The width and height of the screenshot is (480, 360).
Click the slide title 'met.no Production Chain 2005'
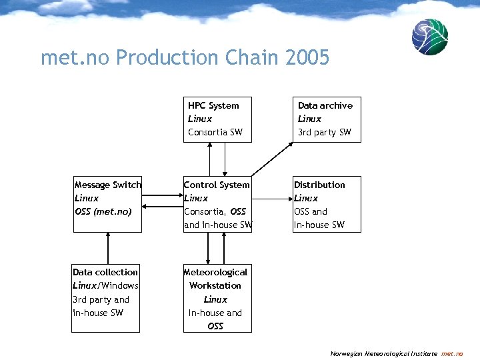point(185,58)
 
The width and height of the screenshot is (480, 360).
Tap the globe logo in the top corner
point(429,37)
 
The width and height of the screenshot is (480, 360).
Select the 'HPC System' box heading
point(213,105)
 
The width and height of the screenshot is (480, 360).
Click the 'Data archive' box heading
point(325,105)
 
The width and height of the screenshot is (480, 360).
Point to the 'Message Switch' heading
point(108,185)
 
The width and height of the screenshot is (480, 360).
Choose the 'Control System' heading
point(217,185)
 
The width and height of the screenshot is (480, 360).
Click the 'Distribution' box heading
point(319,185)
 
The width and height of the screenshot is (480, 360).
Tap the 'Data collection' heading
point(105,272)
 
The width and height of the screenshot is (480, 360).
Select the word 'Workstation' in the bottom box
point(215,285)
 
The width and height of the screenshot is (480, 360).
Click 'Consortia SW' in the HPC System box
point(215,132)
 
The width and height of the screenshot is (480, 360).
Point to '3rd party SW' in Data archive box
point(324,132)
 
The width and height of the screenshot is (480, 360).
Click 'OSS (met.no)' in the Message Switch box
point(103,211)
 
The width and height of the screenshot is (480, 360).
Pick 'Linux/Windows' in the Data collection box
point(105,285)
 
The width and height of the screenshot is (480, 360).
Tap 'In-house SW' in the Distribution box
point(319,225)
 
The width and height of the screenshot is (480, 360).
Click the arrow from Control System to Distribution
point(272,198)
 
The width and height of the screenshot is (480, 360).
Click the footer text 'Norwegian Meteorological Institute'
point(383,354)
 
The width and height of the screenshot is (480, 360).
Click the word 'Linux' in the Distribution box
point(306,198)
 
